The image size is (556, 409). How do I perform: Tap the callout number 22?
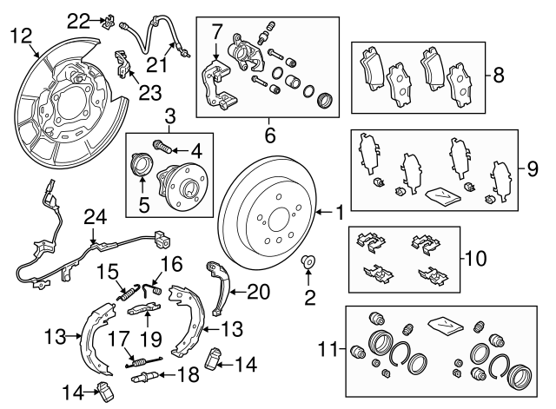[x=80, y=20]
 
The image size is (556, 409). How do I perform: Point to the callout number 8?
[x=498, y=76]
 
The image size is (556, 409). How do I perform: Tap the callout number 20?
[x=258, y=292]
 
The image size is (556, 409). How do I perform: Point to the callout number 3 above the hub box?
[x=170, y=115]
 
